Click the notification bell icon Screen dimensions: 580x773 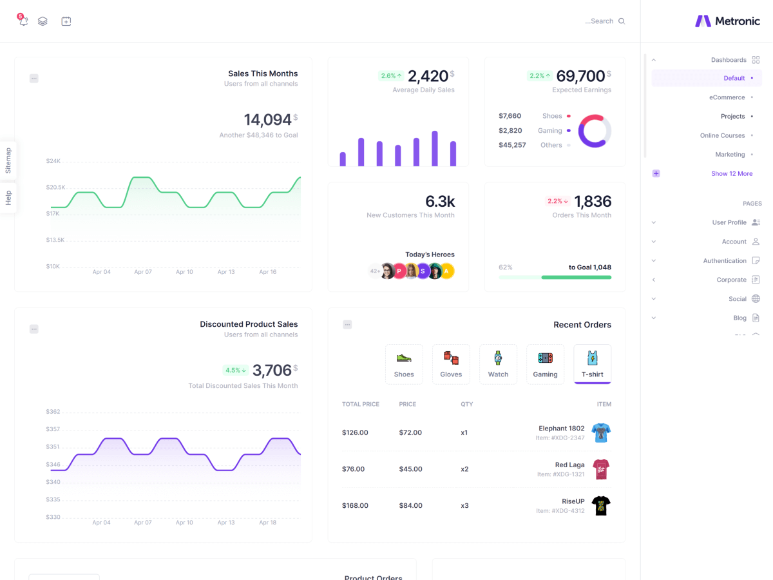(24, 21)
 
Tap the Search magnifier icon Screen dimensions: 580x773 (622, 21)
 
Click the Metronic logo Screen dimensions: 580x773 (727, 21)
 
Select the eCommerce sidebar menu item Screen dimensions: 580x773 (727, 97)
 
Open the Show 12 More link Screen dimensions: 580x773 (731, 173)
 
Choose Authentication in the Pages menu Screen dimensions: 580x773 (724, 261)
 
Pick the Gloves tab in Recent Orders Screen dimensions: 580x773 (451, 364)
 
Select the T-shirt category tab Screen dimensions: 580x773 (592, 364)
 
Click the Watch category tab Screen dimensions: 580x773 (498, 364)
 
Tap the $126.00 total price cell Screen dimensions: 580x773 (355, 432)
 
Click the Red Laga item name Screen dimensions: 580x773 (569, 465)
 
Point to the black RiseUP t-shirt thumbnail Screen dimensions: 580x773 (601, 506)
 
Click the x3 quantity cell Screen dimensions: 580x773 (464, 505)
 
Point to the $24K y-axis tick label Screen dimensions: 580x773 (53, 161)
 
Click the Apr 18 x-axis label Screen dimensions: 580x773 (268, 523)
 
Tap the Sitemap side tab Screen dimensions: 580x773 (8, 160)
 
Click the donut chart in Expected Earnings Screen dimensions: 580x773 (595, 131)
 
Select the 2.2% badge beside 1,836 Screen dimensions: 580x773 (558, 201)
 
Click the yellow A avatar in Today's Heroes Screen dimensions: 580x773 (446, 271)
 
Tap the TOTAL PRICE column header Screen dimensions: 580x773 (361, 404)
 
